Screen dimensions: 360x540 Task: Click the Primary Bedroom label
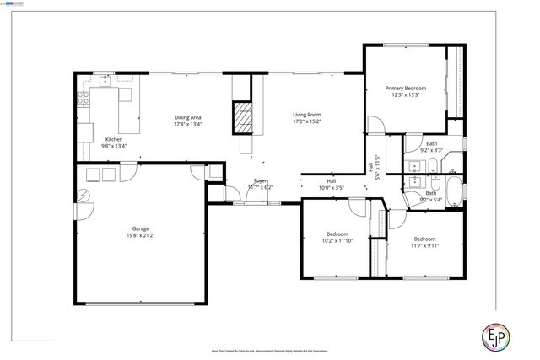point(405,88)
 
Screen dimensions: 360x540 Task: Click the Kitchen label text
point(114,139)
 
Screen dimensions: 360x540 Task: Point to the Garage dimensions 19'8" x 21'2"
point(142,235)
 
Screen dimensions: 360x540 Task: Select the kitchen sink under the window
point(105,82)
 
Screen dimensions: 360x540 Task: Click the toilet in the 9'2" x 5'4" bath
point(434,182)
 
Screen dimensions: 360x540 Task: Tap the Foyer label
point(261,181)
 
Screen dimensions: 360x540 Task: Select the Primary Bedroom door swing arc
point(377,124)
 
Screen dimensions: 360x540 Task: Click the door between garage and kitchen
point(127,174)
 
